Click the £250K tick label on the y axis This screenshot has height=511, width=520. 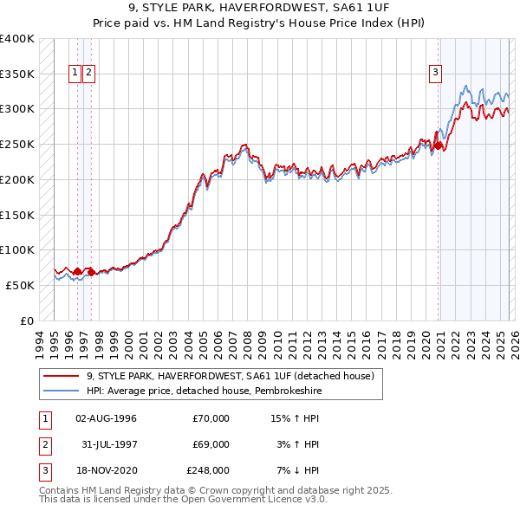tap(16, 144)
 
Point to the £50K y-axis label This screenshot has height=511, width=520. tap(19, 285)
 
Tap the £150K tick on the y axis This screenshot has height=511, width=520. tap(16, 214)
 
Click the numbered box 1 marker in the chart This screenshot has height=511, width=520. tap(75, 73)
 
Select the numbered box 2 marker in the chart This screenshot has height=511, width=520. tap(89, 73)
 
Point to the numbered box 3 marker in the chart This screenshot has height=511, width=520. tap(435, 73)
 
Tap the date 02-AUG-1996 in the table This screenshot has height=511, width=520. tap(106, 418)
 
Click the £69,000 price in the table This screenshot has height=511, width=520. tap(211, 444)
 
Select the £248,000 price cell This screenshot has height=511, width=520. tap(208, 470)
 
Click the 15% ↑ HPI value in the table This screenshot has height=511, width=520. tap(296, 418)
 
